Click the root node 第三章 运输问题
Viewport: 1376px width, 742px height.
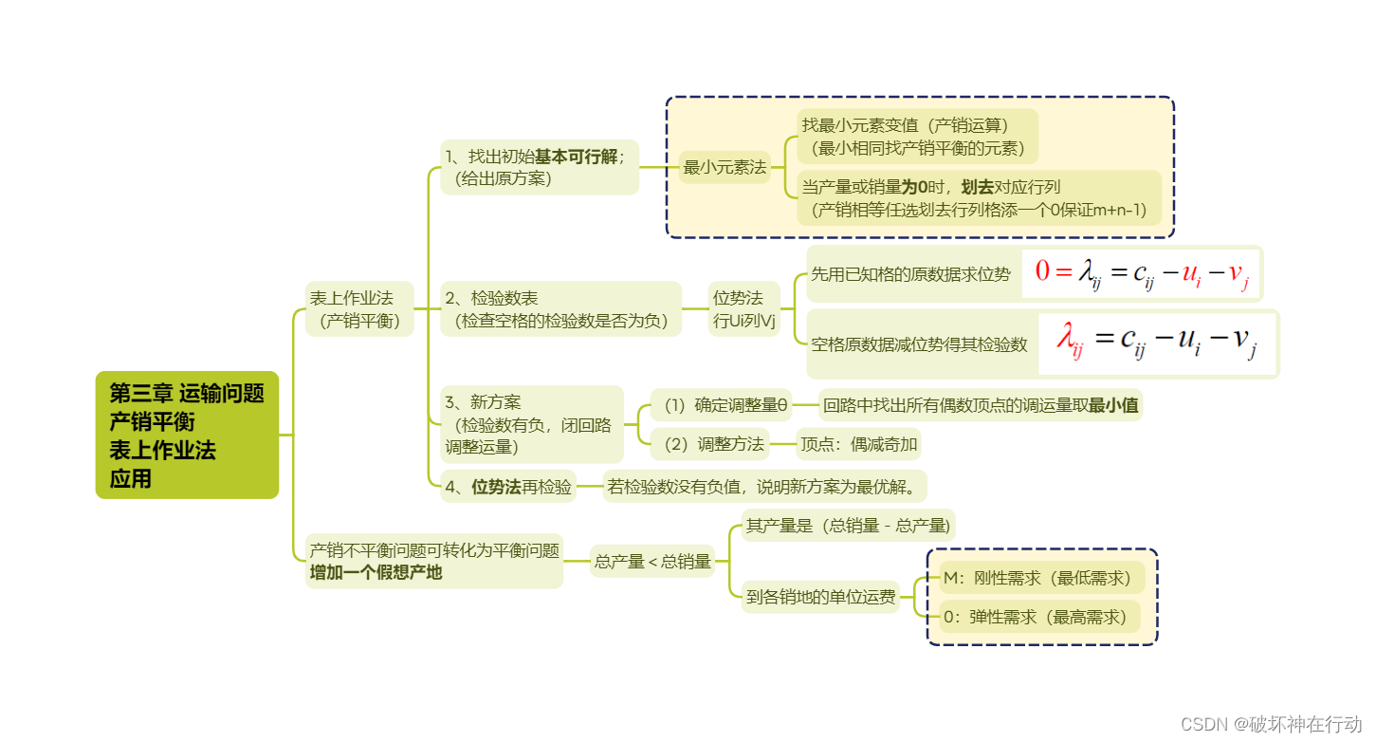coord(187,435)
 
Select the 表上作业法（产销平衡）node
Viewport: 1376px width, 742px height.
coord(359,309)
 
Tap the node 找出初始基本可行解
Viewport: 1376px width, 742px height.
coord(539,167)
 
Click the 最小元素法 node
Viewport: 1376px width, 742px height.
coord(725,167)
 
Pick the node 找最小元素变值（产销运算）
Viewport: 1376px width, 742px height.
coord(915,136)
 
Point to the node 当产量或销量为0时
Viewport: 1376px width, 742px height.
coord(978,198)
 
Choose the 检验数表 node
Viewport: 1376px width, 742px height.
coord(560,309)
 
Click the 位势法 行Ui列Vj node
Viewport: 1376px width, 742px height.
coord(744,309)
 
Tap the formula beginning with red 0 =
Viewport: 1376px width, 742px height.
coord(1141,273)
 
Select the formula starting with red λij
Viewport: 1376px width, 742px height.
coord(1158,343)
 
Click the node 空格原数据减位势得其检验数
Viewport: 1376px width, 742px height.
coord(918,344)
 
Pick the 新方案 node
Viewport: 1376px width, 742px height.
coord(531,424)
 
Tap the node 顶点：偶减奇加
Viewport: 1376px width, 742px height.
coord(858,443)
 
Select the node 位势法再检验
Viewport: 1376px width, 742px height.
coord(508,488)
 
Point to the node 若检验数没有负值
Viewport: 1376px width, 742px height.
coord(764,488)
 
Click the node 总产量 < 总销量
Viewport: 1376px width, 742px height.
coord(652,562)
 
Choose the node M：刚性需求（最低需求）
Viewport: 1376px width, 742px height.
coord(1042,578)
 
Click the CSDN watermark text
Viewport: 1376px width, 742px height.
coord(1271,724)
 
